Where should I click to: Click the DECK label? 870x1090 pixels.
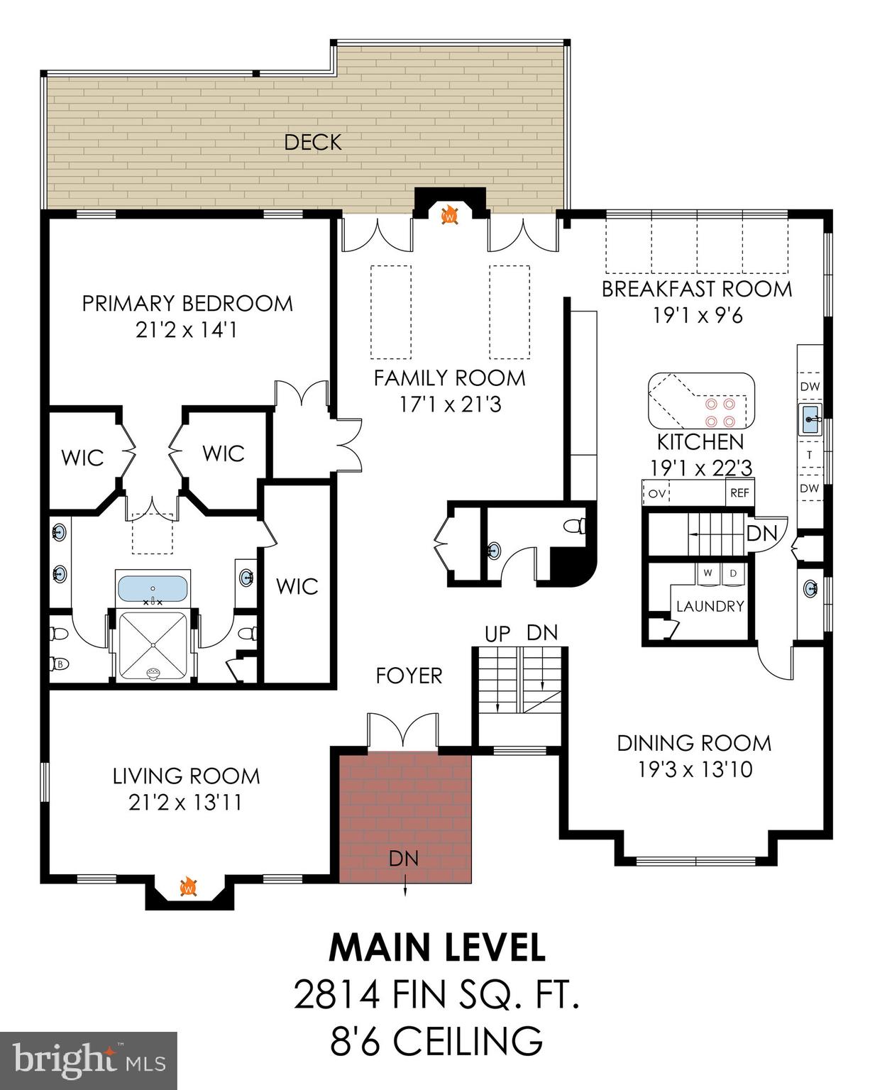[x=313, y=142]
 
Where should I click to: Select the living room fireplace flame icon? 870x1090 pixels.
[x=189, y=887]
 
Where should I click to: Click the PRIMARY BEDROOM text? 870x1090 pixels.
[x=187, y=304]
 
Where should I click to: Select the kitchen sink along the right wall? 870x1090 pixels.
[x=810, y=419]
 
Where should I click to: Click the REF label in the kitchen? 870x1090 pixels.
[x=739, y=492]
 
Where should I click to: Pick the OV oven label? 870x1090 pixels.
[x=657, y=492]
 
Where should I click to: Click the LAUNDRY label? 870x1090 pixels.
[x=710, y=606]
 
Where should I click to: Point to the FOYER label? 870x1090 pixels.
[x=409, y=676]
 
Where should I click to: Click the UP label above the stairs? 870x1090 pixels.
[x=497, y=634]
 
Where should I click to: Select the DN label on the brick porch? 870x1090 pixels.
[x=404, y=859]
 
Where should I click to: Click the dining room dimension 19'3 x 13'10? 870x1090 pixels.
[x=695, y=769]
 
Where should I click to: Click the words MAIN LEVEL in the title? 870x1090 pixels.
[x=437, y=947]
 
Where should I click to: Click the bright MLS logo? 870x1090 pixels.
[x=89, y=1060]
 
